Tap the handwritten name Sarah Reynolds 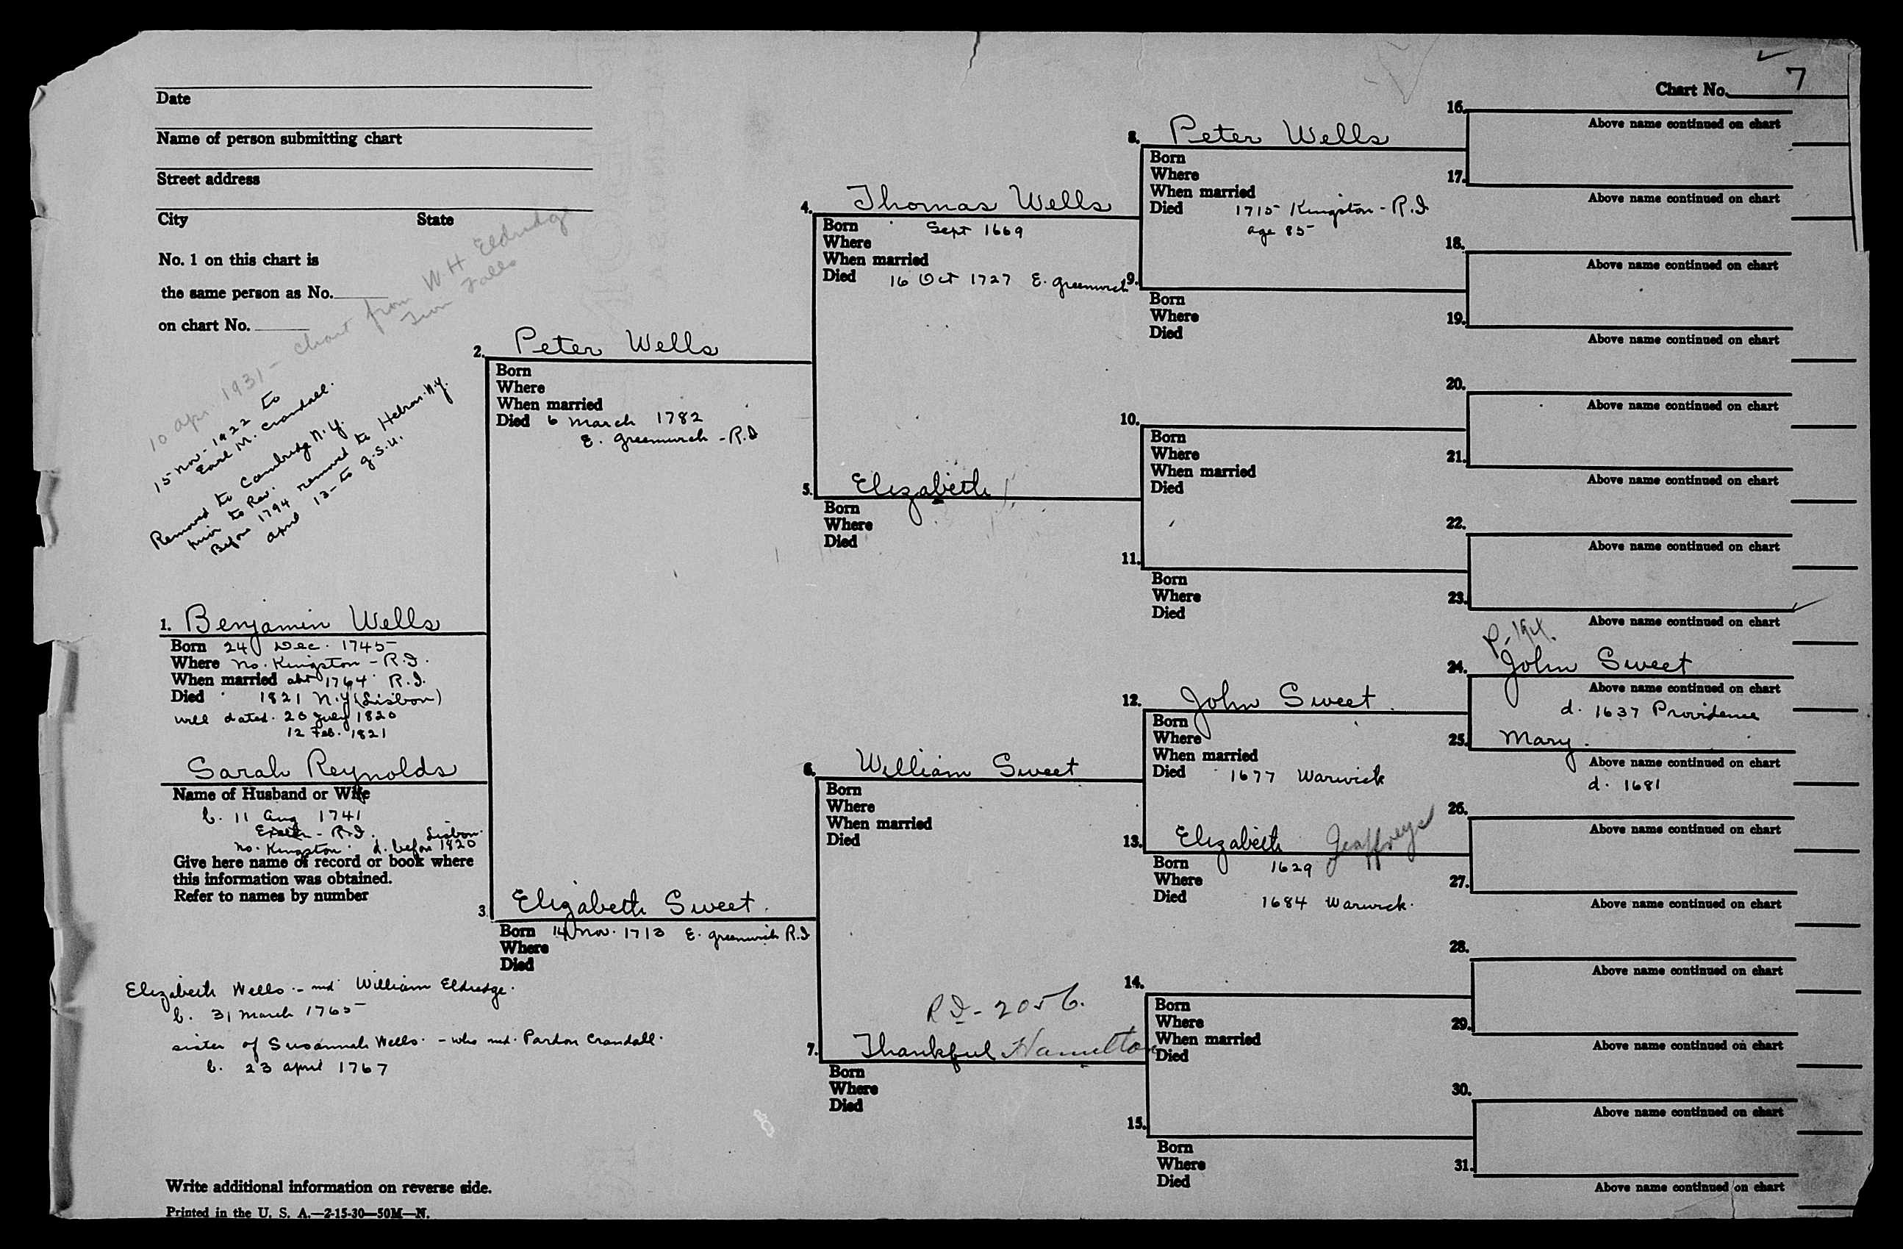pos(320,767)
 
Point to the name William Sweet pos(967,765)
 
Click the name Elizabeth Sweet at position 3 pos(632,903)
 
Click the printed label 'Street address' pos(208,179)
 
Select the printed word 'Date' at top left pos(173,99)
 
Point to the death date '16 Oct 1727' pos(950,281)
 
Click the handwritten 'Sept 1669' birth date pos(974,230)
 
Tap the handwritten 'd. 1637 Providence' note pos(1658,712)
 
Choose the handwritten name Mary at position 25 pos(1535,740)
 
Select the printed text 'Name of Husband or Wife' pos(270,794)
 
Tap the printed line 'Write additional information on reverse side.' pos(328,1187)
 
